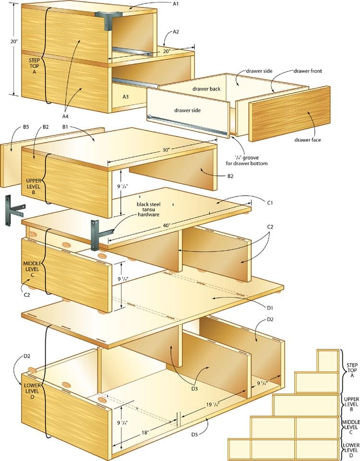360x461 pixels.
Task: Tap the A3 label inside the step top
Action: tap(125, 96)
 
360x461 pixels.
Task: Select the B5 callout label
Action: tap(13, 127)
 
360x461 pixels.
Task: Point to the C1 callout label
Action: tap(270, 202)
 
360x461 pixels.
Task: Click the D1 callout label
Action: tap(270, 307)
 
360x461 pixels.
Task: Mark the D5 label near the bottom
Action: tap(208, 435)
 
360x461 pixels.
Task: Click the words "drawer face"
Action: tap(308, 140)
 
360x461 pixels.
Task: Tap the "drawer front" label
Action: tap(307, 71)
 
